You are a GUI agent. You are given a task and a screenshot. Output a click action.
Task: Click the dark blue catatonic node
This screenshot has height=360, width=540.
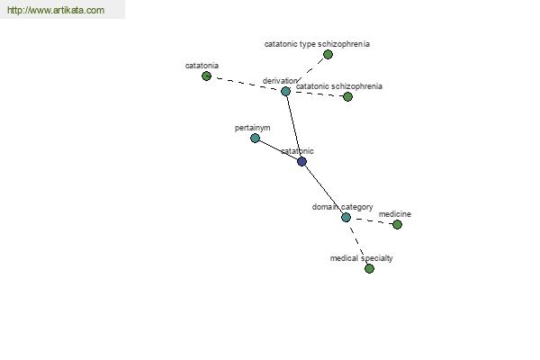tap(301, 161)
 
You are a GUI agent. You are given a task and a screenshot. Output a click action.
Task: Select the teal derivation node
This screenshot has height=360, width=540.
tap(285, 91)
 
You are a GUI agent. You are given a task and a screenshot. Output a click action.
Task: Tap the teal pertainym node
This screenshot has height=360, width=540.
tap(255, 138)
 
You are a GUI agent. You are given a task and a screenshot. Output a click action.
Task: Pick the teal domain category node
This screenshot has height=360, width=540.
tap(346, 218)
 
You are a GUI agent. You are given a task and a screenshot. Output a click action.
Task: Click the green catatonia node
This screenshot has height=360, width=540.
tap(206, 76)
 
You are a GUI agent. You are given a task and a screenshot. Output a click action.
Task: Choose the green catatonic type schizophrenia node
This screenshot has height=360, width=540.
tap(328, 54)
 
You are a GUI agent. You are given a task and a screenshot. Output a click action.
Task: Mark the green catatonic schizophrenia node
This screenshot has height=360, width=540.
tap(347, 97)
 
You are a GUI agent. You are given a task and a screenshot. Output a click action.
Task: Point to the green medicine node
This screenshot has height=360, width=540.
tap(397, 225)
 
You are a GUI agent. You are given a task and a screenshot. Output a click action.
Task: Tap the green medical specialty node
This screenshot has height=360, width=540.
tap(369, 268)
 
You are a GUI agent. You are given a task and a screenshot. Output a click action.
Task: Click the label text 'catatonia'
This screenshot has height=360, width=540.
tap(202, 66)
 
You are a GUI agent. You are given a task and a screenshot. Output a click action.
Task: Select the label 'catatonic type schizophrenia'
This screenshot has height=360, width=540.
tap(317, 44)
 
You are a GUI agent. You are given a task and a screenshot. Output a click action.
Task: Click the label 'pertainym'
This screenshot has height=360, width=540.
tap(252, 128)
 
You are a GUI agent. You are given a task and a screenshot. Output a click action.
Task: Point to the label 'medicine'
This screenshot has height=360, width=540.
tap(395, 214)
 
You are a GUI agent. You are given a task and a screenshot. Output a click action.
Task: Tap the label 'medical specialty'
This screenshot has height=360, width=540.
tap(361, 258)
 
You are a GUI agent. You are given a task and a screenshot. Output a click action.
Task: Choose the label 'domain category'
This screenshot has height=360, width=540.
tap(342, 207)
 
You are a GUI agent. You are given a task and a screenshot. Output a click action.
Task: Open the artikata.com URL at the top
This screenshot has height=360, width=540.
tap(56, 10)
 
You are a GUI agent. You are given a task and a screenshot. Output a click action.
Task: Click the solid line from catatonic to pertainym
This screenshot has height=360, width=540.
tap(278, 150)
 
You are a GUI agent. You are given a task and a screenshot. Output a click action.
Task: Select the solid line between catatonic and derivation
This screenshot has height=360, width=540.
tap(293, 126)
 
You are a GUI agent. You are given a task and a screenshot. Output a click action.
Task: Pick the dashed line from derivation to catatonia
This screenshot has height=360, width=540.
tap(246, 84)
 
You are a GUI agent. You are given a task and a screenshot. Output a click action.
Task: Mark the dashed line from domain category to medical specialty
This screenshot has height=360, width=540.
tap(357, 243)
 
